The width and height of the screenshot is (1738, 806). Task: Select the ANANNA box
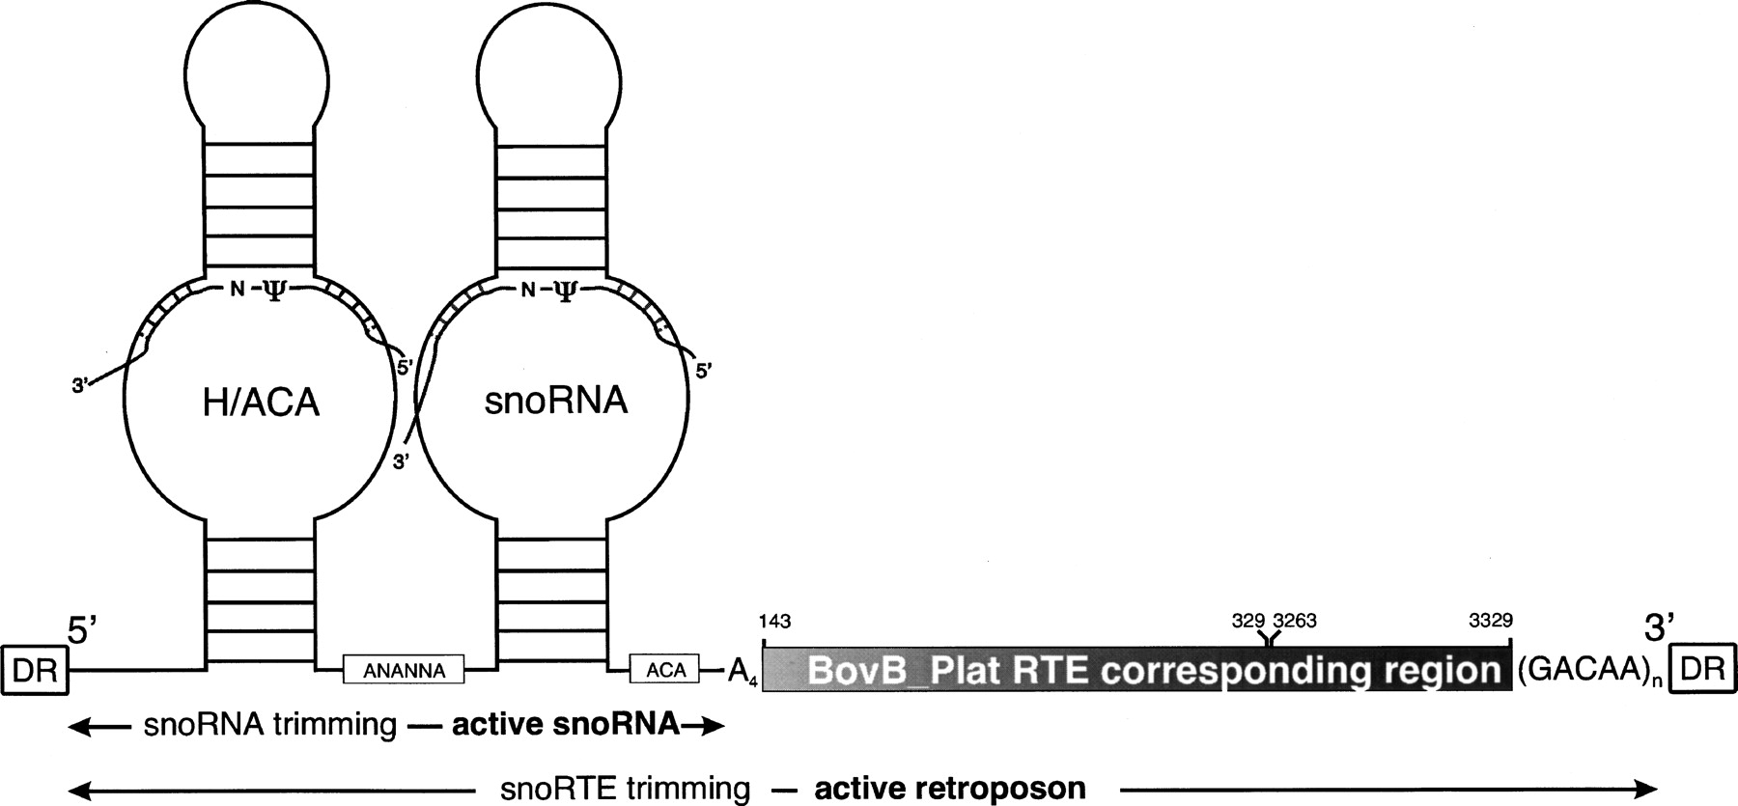tap(405, 670)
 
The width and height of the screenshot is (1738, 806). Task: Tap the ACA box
tap(665, 669)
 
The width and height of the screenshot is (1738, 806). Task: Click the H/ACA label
tap(261, 403)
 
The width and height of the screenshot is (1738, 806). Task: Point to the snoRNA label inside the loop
tap(555, 401)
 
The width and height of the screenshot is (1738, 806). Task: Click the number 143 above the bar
tap(775, 621)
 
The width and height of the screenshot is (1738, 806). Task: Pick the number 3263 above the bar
tap(1295, 621)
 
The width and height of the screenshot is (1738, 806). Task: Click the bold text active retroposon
tap(950, 789)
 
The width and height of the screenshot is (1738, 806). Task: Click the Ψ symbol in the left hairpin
tap(275, 292)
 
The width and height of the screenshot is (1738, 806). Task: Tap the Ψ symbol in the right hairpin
tap(565, 292)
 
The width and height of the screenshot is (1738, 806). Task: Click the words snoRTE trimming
tap(626, 789)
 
